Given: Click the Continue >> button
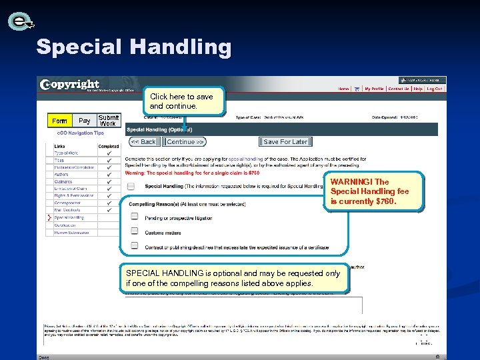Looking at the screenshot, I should pyautogui.click(x=185, y=142).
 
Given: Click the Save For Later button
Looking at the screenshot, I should pyautogui.click(x=285, y=142).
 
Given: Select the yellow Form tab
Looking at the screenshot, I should pyautogui.click(x=59, y=121).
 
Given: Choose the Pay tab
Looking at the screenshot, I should pyautogui.click(x=85, y=121).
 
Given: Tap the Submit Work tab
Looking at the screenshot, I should pyautogui.click(x=108, y=121).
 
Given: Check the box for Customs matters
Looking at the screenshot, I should pyautogui.click(x=135, y=231).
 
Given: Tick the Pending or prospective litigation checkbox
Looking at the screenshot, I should pyautogui.click(x=135, y=217).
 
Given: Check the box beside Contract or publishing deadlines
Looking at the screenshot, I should pyautogui.click(x=135, y=246).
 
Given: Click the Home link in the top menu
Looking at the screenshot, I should pyautogui.click(x=343, y=89).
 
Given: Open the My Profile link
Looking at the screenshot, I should pyautogui.click(x=373, y=89).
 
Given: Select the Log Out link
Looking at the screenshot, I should pyautogui.click(x=435, y=89).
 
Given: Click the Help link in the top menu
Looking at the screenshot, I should pyautogui.click(x=418, y=89).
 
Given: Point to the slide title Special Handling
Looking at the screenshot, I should pyautogui.click(x=133, y=47).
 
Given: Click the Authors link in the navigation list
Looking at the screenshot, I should pyautogui.click(x=61, y=174).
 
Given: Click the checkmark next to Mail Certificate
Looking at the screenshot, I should pyautogui.click(x=108, y=210).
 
